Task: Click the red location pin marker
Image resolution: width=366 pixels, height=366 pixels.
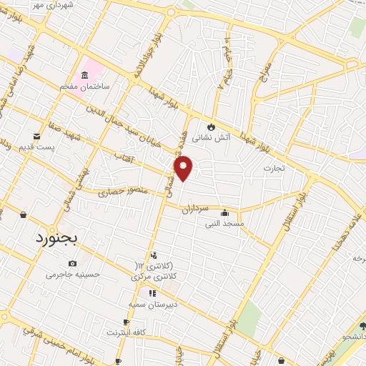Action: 184,167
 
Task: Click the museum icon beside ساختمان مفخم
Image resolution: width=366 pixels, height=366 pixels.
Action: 85,76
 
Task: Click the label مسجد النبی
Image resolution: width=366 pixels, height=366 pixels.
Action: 225,223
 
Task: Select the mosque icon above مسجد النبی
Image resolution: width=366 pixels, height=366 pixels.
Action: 225,212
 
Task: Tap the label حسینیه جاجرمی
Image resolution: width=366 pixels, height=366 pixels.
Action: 71,274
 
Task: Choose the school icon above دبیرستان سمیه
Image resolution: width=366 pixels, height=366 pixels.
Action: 152,293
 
